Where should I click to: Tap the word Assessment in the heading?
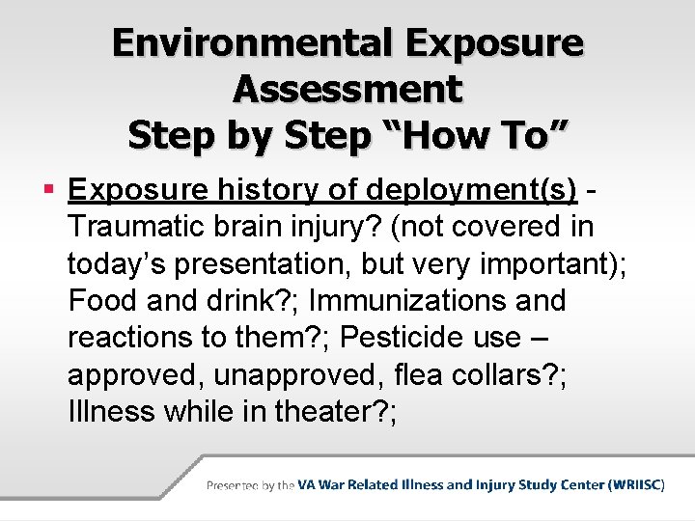(x=347, y=89)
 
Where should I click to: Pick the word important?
(x=546, y=264)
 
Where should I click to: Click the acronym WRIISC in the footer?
(x=634, y=485)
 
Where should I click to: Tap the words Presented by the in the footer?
(x=250, y=485)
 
